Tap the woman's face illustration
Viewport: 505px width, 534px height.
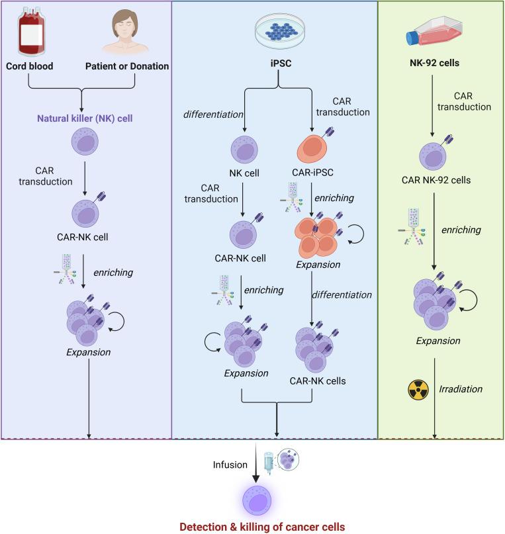click(126, 30)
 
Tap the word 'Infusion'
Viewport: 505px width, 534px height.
click(228, 466)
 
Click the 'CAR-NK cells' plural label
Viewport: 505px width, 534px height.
click(319, 381)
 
